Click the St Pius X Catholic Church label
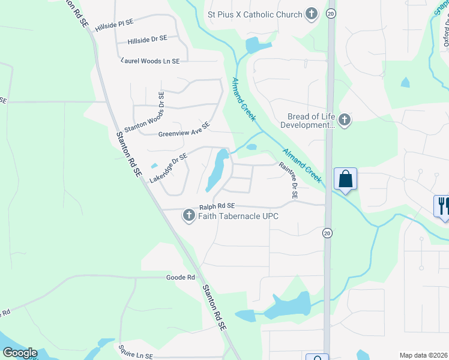click(255, 13)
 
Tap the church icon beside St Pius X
click(311, 13)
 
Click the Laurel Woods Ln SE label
click(150, 61)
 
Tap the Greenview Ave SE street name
click(184, 130)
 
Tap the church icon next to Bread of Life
click(345, 120)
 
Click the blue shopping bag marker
click(345, 179)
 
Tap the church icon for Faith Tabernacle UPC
click(188, 215)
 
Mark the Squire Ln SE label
click(136, 356)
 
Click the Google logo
click(20, 353)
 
